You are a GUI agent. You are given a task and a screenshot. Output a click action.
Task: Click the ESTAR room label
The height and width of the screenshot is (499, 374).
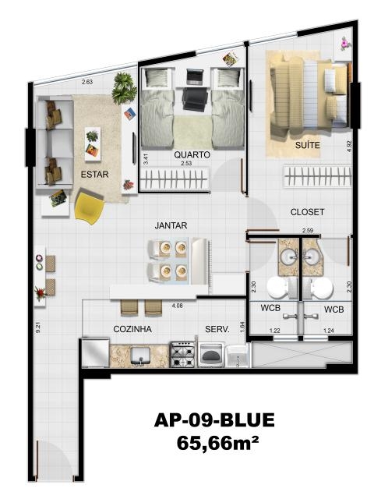95,175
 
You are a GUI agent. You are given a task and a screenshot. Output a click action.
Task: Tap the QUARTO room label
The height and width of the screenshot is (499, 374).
192,154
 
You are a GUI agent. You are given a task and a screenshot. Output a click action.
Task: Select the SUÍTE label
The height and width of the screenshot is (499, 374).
307,145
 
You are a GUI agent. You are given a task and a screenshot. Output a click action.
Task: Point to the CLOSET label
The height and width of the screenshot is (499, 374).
307,212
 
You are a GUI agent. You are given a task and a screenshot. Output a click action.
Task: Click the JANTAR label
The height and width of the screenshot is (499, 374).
171,225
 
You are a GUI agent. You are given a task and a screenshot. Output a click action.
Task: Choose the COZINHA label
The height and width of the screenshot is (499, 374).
132,329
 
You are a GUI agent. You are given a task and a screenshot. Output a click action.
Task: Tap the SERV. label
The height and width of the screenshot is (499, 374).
217,329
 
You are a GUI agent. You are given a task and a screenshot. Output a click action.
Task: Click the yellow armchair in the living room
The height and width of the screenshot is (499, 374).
89,207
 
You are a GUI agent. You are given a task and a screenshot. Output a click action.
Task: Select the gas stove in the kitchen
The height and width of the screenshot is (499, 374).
183,354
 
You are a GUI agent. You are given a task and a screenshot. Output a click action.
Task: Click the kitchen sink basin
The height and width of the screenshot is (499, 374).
140,355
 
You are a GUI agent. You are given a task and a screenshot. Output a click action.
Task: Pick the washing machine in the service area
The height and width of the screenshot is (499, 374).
211,355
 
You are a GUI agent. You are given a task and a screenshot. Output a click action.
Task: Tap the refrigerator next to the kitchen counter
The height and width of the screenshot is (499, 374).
95,352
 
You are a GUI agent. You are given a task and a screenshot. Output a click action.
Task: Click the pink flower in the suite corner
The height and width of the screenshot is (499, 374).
344,43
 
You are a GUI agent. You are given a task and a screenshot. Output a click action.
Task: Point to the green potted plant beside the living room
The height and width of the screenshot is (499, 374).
124,88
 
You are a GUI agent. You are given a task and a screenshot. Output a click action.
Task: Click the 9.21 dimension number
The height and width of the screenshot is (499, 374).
38,328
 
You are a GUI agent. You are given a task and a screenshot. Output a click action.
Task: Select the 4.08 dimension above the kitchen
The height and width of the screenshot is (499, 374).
177,306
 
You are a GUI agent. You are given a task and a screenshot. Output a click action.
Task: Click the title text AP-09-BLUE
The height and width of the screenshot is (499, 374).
214,420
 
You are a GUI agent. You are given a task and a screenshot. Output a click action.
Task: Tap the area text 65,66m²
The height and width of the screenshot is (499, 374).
217,443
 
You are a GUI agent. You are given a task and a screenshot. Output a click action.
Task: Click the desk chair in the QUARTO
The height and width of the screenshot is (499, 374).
195,99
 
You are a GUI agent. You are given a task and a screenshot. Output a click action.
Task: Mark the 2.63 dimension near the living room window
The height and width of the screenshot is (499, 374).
87,82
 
